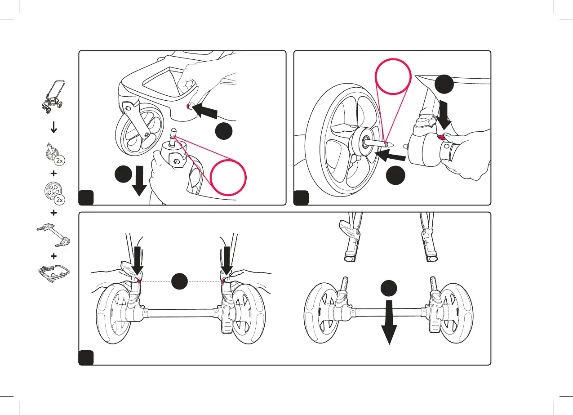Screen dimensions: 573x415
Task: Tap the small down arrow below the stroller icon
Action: click(53, 128)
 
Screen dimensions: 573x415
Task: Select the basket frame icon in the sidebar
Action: click(53, 275)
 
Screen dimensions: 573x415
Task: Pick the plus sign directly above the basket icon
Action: click(53, 256)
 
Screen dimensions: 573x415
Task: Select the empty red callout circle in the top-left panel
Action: click(229, 178)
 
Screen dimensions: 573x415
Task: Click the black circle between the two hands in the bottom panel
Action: click(179, 281)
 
